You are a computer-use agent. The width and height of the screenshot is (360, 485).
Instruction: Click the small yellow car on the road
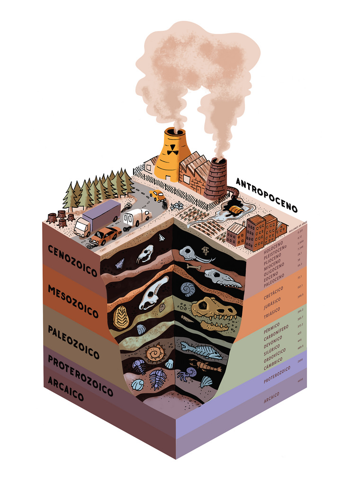coord(157,195)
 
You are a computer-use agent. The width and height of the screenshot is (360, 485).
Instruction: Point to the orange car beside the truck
coord(105,235)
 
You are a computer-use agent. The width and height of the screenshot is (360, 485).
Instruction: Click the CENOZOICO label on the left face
coord(72,260)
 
